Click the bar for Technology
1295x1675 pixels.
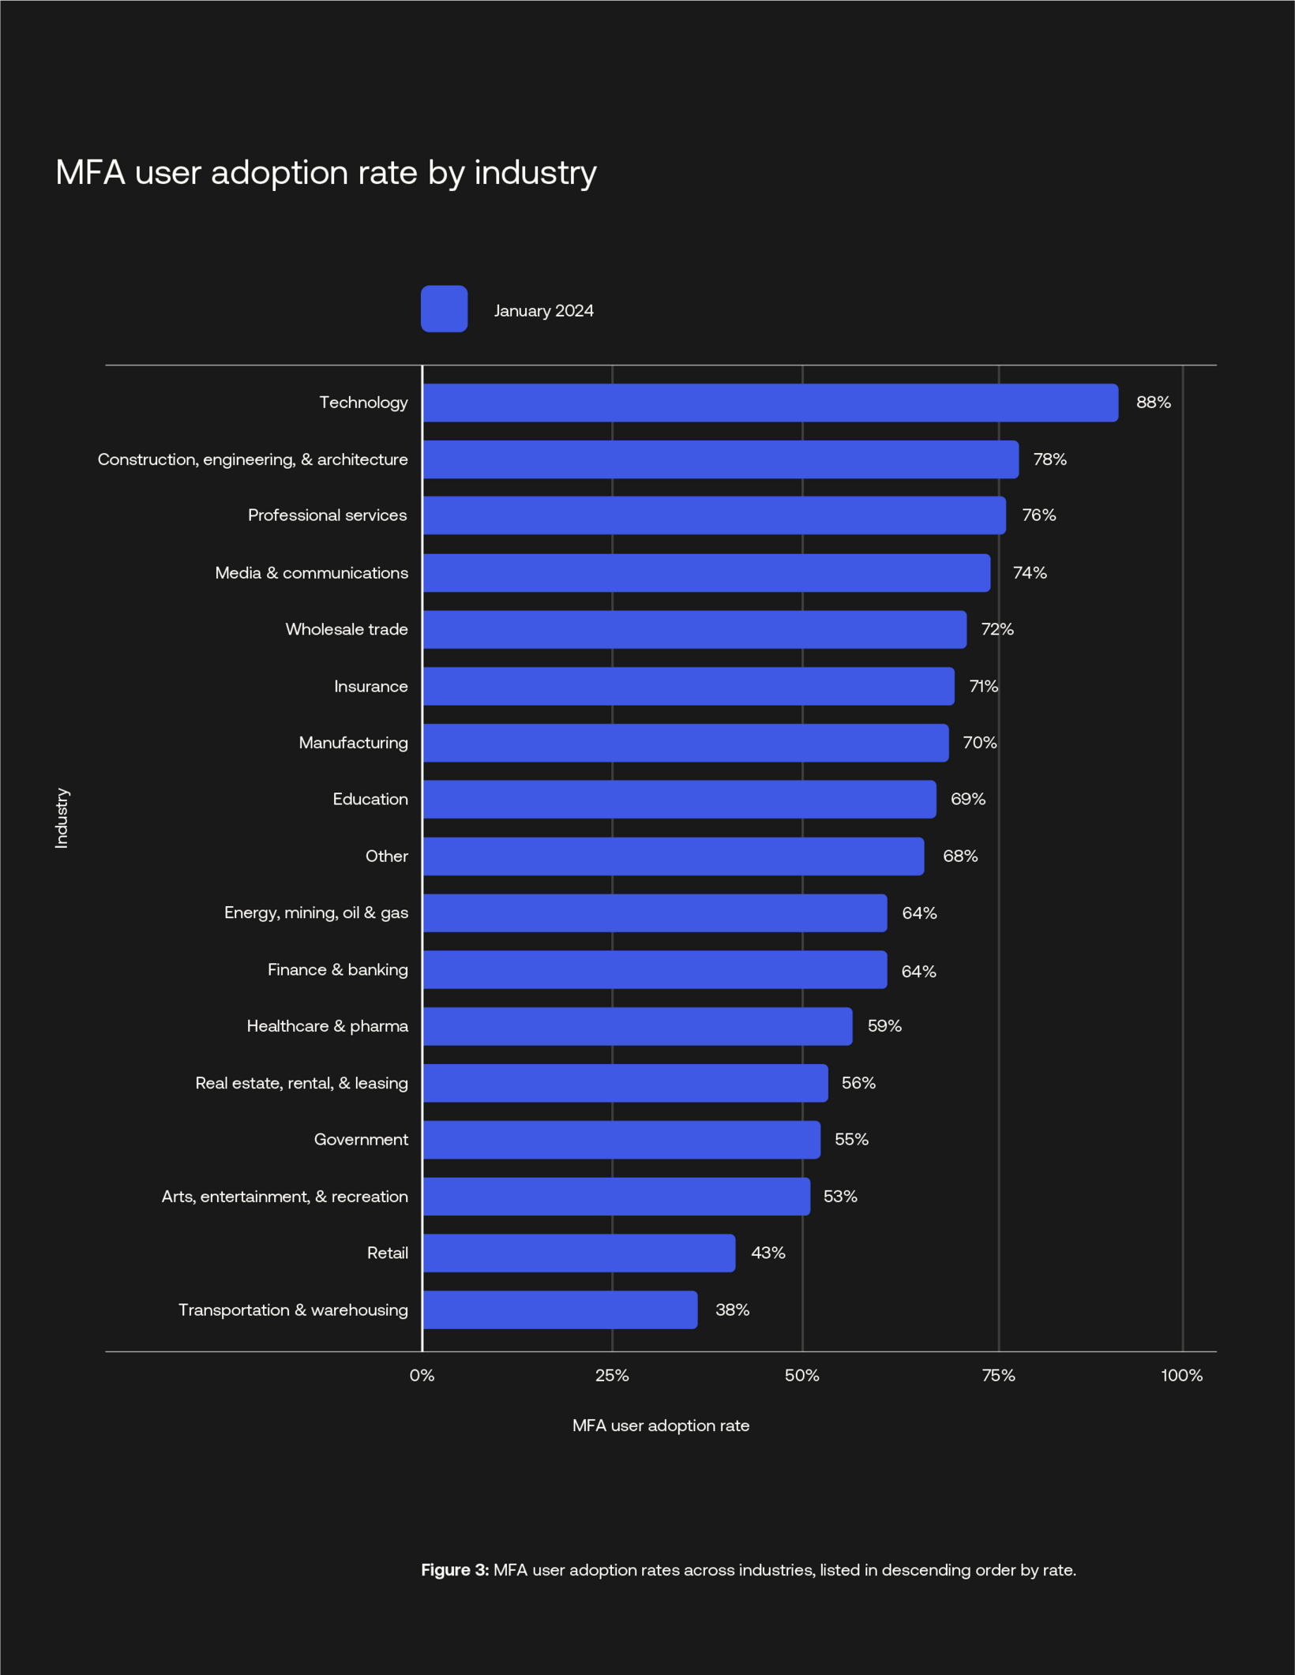(x=770, y=403)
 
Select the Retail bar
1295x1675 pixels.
(x=579, y=1253)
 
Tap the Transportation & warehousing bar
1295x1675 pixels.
(x=560, y=1310)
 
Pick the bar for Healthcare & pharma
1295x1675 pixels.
(x=637, y=1026)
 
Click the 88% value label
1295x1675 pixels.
(x=1153, y=403)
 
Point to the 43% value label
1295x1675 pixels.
(x=768, y=1253)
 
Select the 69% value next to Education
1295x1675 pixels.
(x=967, y=799)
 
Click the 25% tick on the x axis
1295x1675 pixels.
(x=612, y=1375)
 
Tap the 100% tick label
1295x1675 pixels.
(x=1181, y=1375)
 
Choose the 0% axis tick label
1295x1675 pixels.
(x=422, y=1375)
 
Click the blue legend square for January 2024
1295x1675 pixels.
(x=444, y=309)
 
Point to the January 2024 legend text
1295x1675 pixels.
(x=543, y=311)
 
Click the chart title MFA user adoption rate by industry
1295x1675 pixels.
(x=325, y=172)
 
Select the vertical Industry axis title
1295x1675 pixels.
(x=62, y=818)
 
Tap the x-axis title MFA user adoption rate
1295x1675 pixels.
(x=660, y=1426)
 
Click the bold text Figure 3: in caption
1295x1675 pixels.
(x=455, y=1570)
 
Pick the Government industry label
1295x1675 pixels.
(x=361, y=1139)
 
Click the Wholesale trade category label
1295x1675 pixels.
(x=347, y=629)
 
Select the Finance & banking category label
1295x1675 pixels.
(x=337, y=969)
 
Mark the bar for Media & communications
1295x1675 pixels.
(x=706, y=572)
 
